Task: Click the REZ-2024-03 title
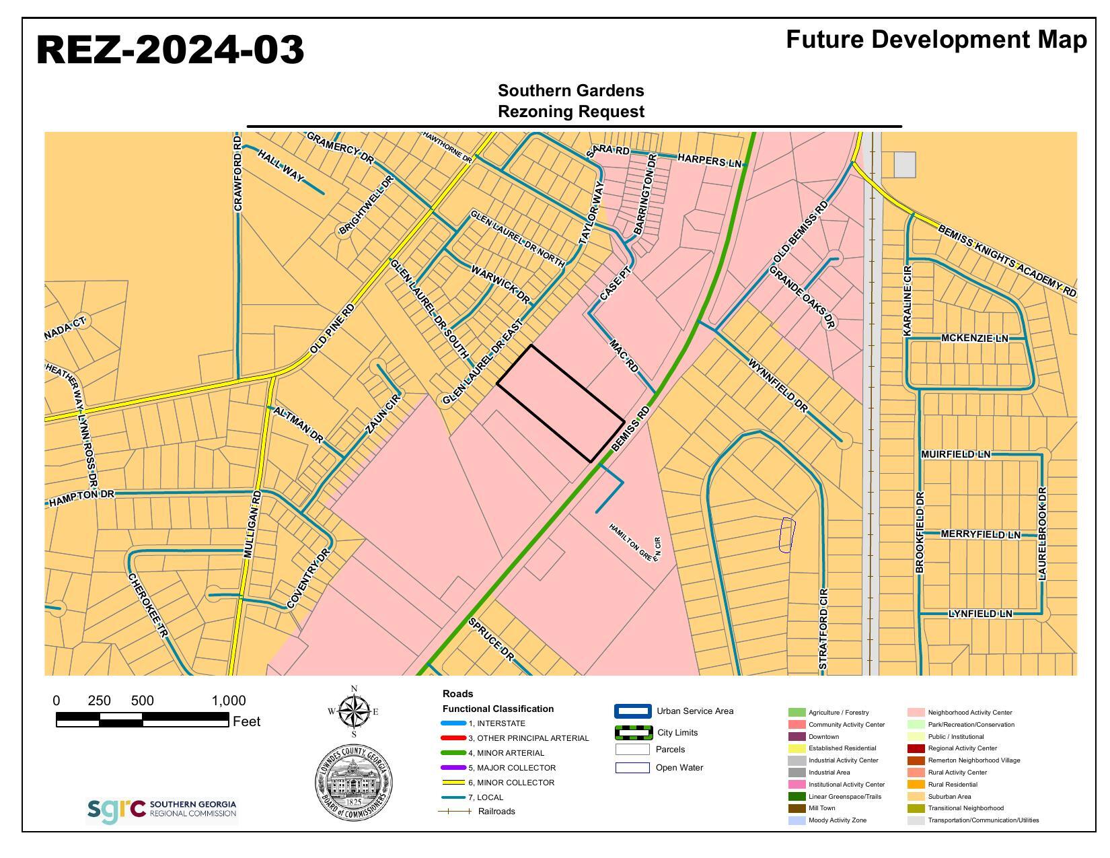[170, 50]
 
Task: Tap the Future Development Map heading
[936, 40]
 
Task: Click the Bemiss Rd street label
[632, 428]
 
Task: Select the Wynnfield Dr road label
[778, 385]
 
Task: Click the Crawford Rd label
[237, 173]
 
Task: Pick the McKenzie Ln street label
[974, 338]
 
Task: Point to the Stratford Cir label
[823, 629]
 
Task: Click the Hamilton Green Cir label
[635, 542]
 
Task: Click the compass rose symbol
[354, 711]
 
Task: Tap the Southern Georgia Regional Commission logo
[162, 810]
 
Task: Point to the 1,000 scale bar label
[229, 701]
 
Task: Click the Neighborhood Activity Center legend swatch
[916, 713]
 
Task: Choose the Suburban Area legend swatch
[916, 797]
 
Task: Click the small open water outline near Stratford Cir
[786, 535]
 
